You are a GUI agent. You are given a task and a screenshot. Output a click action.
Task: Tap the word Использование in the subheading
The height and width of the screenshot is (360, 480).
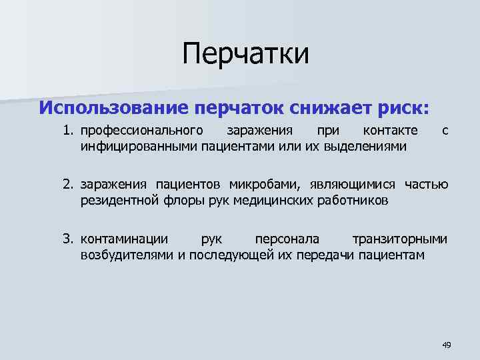pos(113,107)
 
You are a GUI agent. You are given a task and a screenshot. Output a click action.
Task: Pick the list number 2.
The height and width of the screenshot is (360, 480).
pos(68,184)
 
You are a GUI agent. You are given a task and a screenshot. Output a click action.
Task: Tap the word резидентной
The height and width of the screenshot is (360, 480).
pos(117,199)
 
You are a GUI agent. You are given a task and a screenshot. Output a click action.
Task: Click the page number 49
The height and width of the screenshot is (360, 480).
pos(446,345)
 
